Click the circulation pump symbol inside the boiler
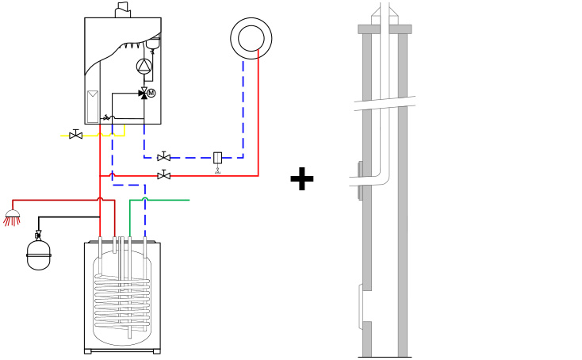144,67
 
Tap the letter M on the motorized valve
151,93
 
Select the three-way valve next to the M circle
144,93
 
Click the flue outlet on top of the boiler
123,10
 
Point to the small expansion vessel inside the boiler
153,42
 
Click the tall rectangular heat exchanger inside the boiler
93,106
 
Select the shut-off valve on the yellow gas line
75,135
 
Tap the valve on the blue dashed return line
163,157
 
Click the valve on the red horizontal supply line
163,174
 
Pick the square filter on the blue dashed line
218,158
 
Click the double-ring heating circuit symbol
251,38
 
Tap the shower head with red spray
12,218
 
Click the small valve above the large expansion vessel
38,235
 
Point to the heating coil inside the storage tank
122,301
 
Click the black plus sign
302,178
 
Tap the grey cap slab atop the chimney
385,29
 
